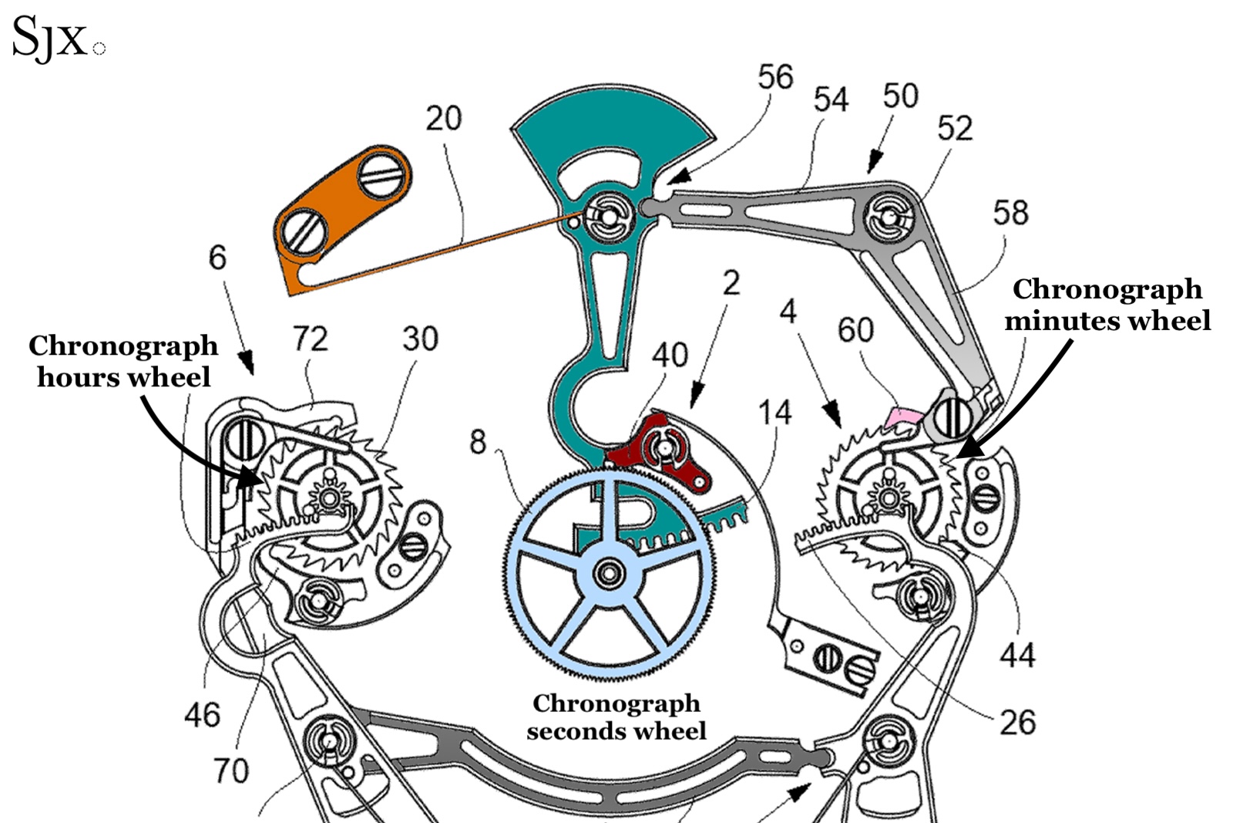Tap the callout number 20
point(443,119)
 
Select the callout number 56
point(774,77)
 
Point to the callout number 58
point(1010,213)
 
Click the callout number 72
point(310,339)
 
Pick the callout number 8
point(478,442)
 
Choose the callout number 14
point(774,413)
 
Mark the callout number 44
point(1016,655)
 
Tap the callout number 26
point(1016,722)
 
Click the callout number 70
point(231,770)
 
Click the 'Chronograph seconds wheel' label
point(616,717)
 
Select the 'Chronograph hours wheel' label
point(123,361)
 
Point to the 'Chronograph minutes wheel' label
point(1107,304)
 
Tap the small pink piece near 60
point(903,417)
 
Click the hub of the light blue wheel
point(610,573)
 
